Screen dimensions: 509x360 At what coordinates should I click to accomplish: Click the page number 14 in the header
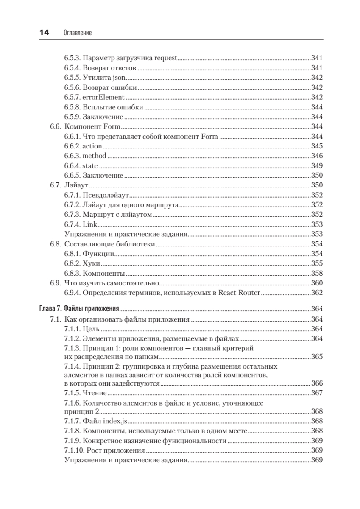click(x=44, y=33)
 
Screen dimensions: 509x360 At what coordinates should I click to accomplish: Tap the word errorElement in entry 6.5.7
click(x=100, y=97)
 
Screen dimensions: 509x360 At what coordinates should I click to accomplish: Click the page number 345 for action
click(x=317, y=146)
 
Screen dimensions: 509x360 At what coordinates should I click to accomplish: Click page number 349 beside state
click(x=317, y=165)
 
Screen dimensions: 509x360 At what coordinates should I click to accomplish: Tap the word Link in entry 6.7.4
click(x=90, y=224)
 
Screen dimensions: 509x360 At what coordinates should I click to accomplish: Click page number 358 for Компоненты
click(x=317, y=273)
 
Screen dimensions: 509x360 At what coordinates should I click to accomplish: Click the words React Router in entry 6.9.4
click(x=240, y=293)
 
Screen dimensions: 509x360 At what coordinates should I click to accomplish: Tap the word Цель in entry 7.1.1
click(x=91, y=329)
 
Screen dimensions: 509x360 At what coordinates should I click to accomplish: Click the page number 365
click(x=317, y=357)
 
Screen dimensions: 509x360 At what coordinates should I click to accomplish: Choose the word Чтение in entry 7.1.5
click(x=95, y=393)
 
